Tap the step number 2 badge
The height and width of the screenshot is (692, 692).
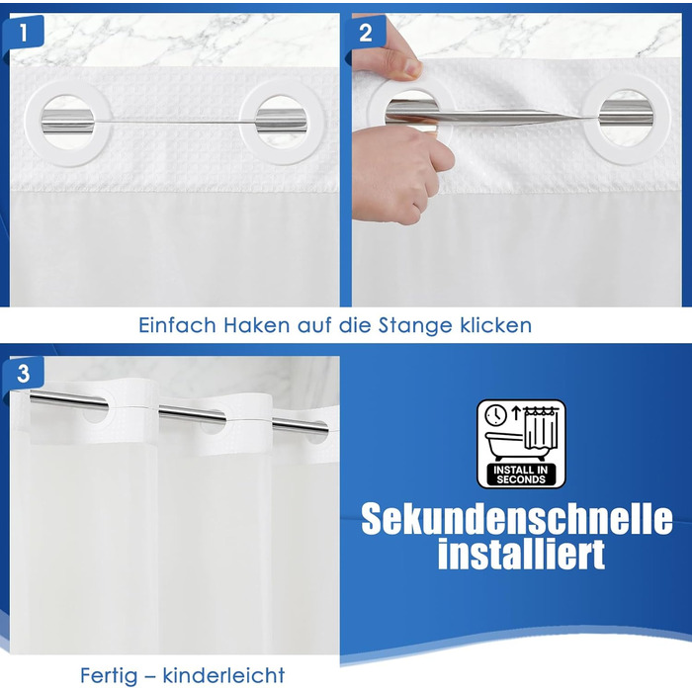click(366, 33)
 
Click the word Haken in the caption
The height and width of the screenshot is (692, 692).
click(256, 325)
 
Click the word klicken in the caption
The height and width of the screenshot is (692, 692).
click(496, 325)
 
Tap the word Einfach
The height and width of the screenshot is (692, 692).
click(177, 325)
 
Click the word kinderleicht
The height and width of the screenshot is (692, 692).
click(223, 675)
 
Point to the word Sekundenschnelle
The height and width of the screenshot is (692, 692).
click(517, 519)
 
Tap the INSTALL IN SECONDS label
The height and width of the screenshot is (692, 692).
click(521, 475)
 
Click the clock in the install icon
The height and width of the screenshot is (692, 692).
click(495, 415)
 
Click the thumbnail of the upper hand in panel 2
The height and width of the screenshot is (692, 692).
click(412, 69)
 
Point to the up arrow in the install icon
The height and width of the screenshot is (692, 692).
click(516, 413)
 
